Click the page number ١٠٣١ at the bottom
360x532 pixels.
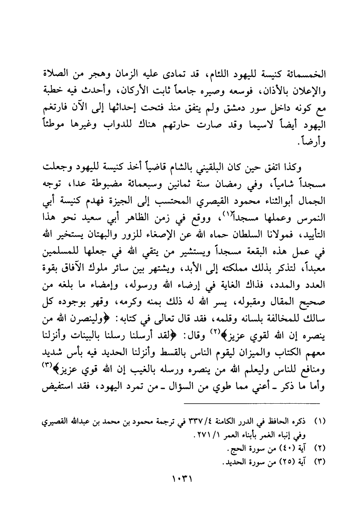[182, 479]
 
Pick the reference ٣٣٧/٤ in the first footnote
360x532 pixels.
[201, 424]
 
